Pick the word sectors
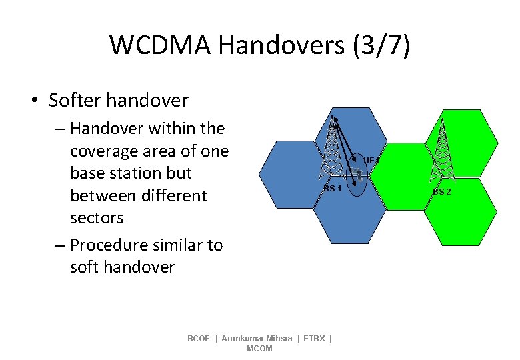pos(97,218)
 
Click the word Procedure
pos(111,245)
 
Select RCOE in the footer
pos(199,339)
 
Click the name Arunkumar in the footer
pos(242,339)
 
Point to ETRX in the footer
pos(314,339)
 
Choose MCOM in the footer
pos(259,349)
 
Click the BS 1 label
pos(333,189)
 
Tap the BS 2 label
pos(441,192)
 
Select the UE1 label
pos(371,161)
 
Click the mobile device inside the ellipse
pos(358,175)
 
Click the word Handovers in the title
pos(277,45)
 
